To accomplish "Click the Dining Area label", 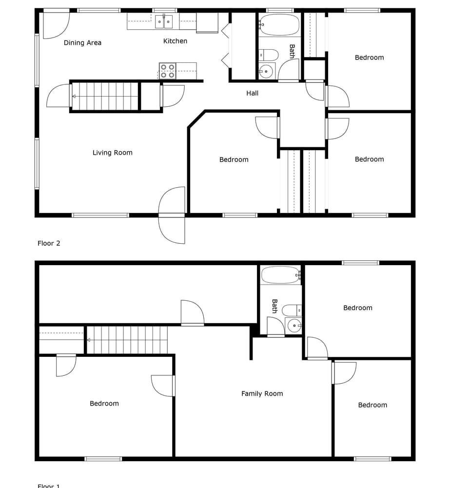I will [x=82, y=43].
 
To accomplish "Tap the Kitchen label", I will [x=175, y=41].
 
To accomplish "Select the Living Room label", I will [x=113, y=153].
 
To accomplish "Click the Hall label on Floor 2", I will [x=252, y=93].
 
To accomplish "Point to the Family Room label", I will [x=262, y=393].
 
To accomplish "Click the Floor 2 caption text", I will [x=49, y=243].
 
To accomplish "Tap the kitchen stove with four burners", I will [x=168, y=71].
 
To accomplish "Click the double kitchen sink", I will [x=164, y=22].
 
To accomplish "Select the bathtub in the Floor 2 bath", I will [x=279, y=24].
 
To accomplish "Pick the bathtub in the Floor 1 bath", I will [x=280, y=275].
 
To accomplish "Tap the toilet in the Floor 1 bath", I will [x=292, y=310].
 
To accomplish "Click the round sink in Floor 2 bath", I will [x=266, y=71].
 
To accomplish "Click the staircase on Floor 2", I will [x=105, y=97].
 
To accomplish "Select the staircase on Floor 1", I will [x=127, y=340].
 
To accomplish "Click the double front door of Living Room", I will [x=172, y=215].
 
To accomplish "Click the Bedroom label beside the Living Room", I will [x=234, y=159].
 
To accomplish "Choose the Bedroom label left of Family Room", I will [x=104, y=403].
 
